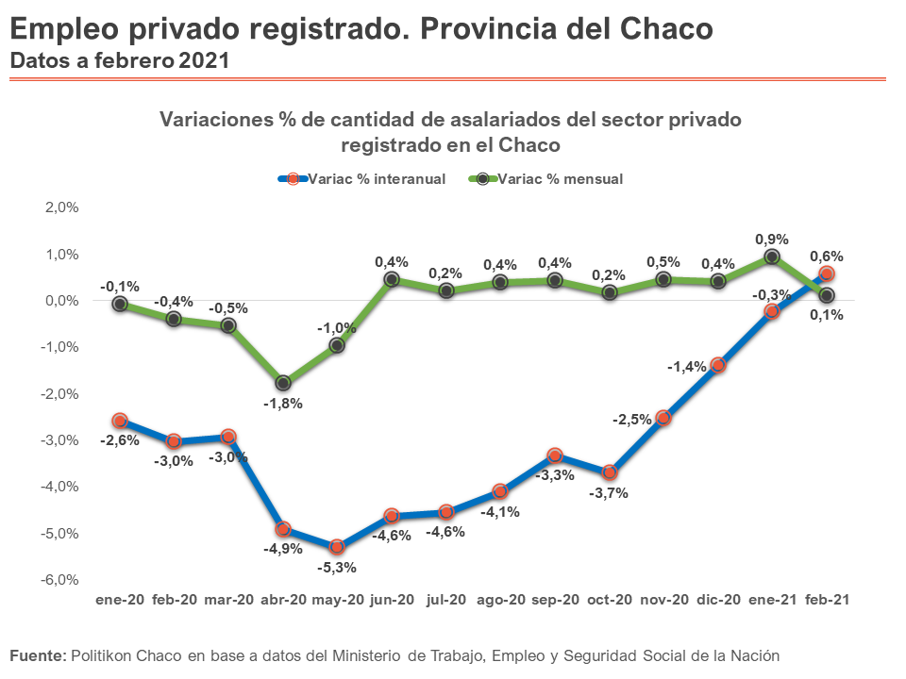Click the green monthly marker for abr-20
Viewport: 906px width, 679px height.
283,383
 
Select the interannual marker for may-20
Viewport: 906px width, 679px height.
338,547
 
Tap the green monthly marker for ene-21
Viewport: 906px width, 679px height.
772,257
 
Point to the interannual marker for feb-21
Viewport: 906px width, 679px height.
826,273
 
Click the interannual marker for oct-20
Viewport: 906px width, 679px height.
610,472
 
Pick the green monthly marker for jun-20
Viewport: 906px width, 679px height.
392,279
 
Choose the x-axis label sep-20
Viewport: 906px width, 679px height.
555,600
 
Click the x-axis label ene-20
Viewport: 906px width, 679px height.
120,600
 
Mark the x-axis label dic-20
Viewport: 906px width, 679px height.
717,600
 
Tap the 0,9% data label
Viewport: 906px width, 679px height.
772,240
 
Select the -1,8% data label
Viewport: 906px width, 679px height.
283,404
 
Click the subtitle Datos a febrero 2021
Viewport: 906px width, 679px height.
119,59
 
